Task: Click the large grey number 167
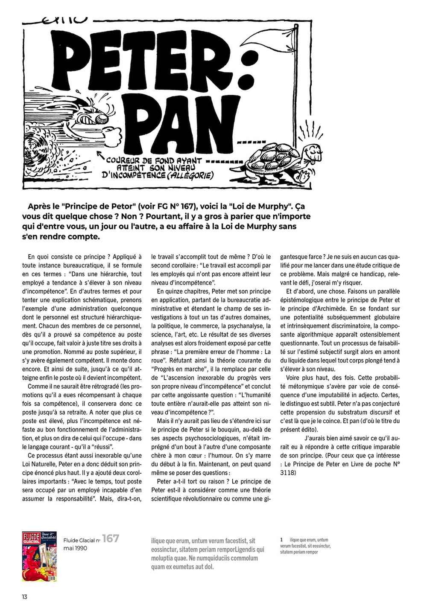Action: pos(110,539)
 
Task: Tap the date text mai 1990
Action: pos(75,548)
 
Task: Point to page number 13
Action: pos(24,596)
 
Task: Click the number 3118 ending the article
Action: pos(288,473)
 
